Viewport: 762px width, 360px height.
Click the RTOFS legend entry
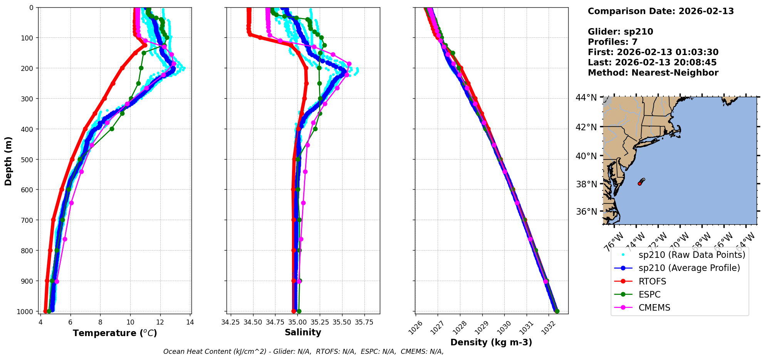click(652, 281)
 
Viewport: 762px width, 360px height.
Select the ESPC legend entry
click(650, 294)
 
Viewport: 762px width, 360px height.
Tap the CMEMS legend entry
click(654, 308)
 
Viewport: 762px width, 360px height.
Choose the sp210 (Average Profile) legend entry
click(689, 268)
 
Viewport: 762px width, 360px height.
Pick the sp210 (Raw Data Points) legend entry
click(692, 255)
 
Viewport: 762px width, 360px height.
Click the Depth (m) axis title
click(8, 161)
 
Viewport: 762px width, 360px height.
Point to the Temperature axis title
click(115, 333)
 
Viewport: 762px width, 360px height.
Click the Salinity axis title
click(303, 332)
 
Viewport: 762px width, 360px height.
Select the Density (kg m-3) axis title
click(491, 342)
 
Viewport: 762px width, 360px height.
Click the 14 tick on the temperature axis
click(190, 322)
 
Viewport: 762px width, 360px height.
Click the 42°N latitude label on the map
click(586, 127)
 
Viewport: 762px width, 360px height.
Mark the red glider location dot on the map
click(639, 183)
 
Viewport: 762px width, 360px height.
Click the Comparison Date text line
click(661, 11)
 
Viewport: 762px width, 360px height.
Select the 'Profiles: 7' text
click(613, 42)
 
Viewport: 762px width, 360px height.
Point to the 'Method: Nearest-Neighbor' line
click(653, 73)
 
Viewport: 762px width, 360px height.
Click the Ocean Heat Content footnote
click(303, 352)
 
